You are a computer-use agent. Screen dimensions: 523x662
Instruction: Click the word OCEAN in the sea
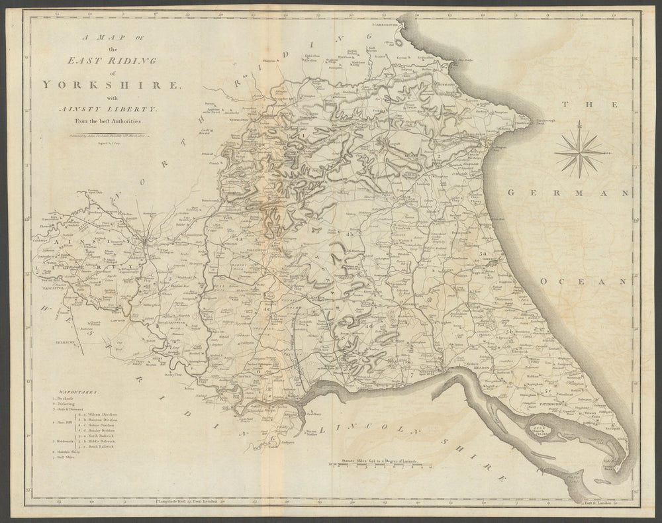point(583,281)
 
